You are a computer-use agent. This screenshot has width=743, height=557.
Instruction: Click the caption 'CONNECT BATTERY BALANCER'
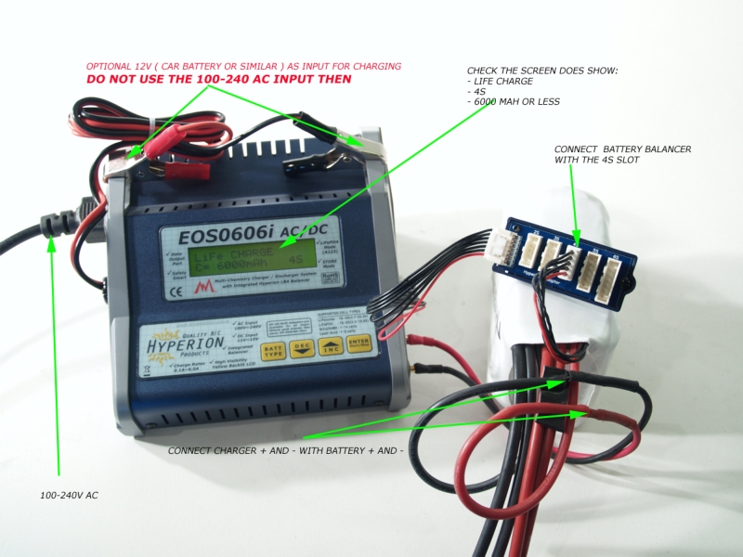pos(622,149)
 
